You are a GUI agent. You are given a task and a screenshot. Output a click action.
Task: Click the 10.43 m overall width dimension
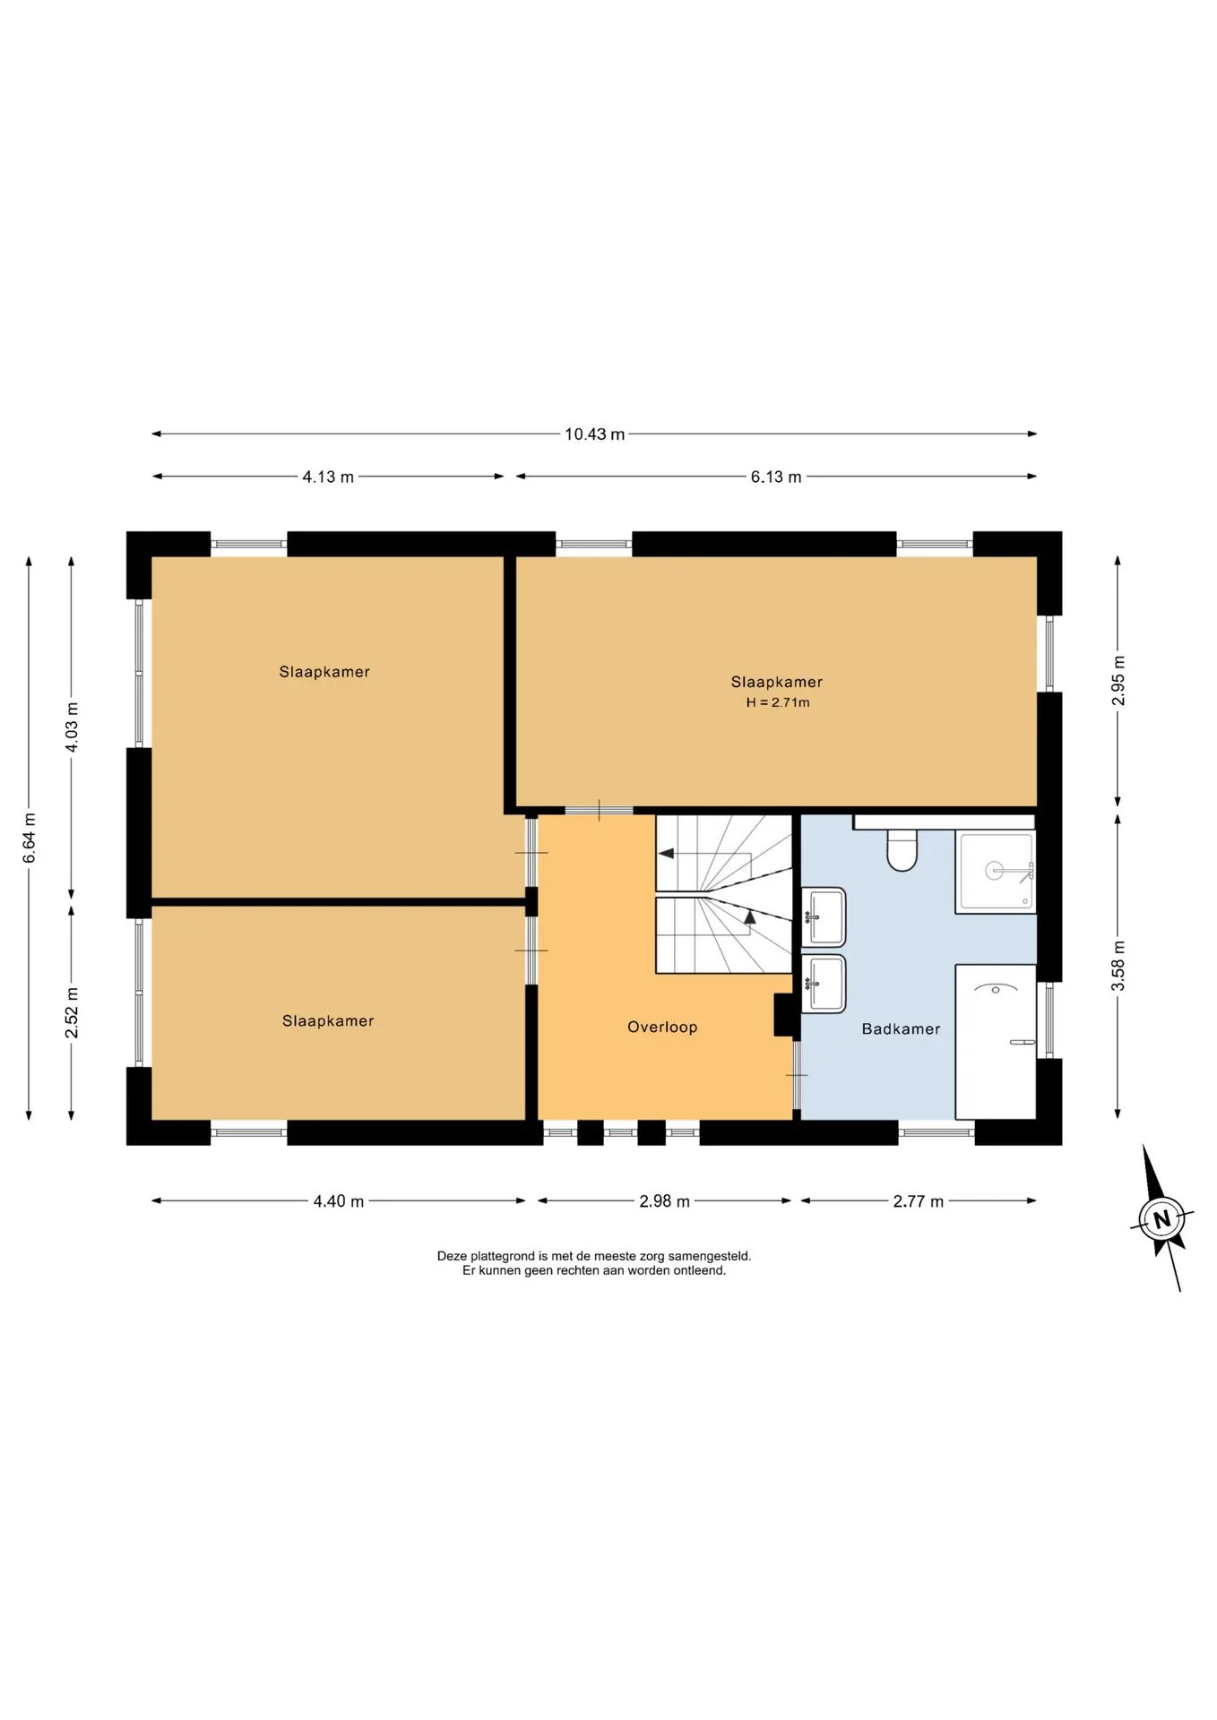[x=594, y=434]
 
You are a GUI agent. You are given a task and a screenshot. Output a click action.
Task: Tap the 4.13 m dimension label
[x=328, y=477]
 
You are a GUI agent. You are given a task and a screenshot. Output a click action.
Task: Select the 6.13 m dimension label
[x=776, y=477]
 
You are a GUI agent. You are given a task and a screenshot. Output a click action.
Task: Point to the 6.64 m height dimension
[x=30, y=838]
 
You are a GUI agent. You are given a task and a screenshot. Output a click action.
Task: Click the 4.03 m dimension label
[x=72, y=727]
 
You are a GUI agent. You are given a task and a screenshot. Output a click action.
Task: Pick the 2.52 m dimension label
[x=72, y=1013]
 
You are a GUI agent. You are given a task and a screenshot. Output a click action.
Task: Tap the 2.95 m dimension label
[x=1118, y=681]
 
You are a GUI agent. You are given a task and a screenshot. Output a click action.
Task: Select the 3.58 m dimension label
[x=1118, y=967]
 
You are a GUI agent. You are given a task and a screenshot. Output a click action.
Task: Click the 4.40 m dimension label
[x=339, y=1201]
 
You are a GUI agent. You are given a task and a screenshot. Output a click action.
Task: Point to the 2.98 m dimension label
[x=664, y=1201]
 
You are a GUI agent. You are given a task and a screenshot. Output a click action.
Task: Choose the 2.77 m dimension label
[x=918, y=1201]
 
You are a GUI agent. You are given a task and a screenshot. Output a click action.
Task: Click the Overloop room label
[x=662, y=1028]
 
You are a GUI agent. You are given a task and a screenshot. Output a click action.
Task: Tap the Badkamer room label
[x=901, y=1029]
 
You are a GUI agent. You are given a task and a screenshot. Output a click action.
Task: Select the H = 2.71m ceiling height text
[x=777, y=702]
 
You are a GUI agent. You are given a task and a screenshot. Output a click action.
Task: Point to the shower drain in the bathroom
[x=995, y=870]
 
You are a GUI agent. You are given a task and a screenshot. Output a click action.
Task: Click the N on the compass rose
[x=1162, y=1219]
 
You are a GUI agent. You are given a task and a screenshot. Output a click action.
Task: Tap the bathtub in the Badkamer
[x=996, y=1042]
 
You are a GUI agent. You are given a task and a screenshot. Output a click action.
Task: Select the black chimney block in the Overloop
[x=784, y=1015]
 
